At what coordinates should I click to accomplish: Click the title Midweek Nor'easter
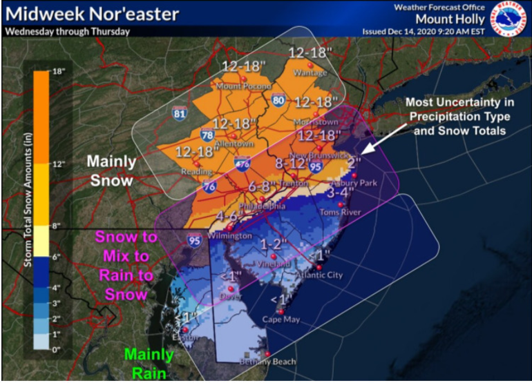tap(91, 14)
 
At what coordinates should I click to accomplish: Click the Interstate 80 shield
tap(279, 101)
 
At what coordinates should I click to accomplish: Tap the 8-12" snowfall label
tap(289, 164)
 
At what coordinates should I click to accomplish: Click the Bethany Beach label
tap(268, 362)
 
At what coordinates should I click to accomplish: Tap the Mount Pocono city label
tap(244, 86)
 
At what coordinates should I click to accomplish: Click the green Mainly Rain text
tap(149, 364)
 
